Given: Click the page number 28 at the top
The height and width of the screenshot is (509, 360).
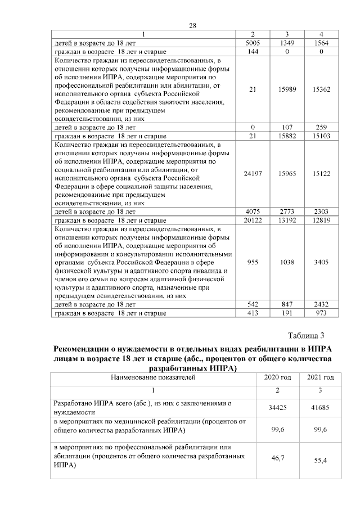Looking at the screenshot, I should click(x=191, y=26).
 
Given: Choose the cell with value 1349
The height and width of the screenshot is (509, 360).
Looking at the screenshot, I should click(x=287, y=43).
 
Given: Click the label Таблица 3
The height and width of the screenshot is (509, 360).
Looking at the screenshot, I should click(x=314, y=336).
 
